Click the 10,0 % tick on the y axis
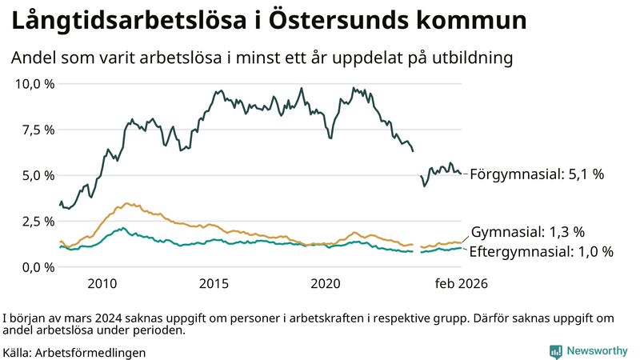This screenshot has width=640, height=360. tap(34, 84)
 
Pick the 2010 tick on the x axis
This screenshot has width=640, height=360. tap(102, 284)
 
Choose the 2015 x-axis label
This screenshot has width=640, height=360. tap(214, 284)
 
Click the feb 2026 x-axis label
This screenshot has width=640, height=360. tap(461, 284)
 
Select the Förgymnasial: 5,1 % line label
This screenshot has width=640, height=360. tap(536, 174)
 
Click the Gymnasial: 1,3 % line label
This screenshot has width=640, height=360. tap(528, 232)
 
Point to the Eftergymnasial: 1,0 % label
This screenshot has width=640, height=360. tap(541, 252)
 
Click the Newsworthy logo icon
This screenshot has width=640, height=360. tap(555, 351)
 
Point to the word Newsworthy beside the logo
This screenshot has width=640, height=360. tap(597, 351)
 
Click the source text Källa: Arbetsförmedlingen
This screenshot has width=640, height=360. tap(74, 352)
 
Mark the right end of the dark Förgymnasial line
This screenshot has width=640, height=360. tap(461, 173)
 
